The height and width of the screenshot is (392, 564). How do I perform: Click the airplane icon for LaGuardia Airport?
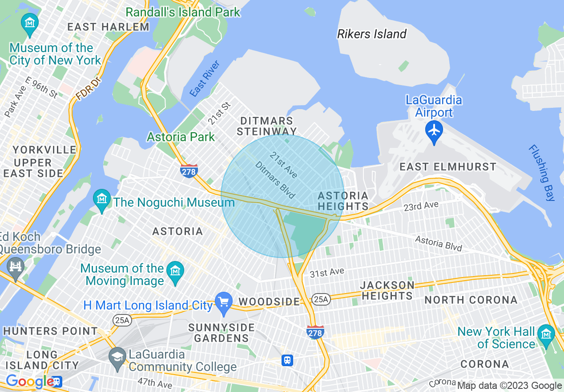point(434,131)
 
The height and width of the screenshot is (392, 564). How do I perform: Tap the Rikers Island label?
point(372,34)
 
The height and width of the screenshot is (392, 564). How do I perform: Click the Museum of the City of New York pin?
point(30,23)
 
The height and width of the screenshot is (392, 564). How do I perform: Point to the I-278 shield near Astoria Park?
point(189,171)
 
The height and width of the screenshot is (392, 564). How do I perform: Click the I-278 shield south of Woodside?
point(315,332)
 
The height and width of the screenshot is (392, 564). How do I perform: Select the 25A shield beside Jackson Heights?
point(321,299)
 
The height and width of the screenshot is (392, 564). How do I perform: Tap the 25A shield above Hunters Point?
point(122,320)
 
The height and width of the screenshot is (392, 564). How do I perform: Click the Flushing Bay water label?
point(542,173)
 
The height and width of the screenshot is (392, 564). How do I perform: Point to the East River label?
point(205,79)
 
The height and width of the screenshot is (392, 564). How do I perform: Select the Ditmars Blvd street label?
point(275,180)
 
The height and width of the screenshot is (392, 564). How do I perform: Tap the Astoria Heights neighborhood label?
point(343,201)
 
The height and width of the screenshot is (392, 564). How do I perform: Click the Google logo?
point(30,381)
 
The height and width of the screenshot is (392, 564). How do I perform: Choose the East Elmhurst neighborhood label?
point(447,167)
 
